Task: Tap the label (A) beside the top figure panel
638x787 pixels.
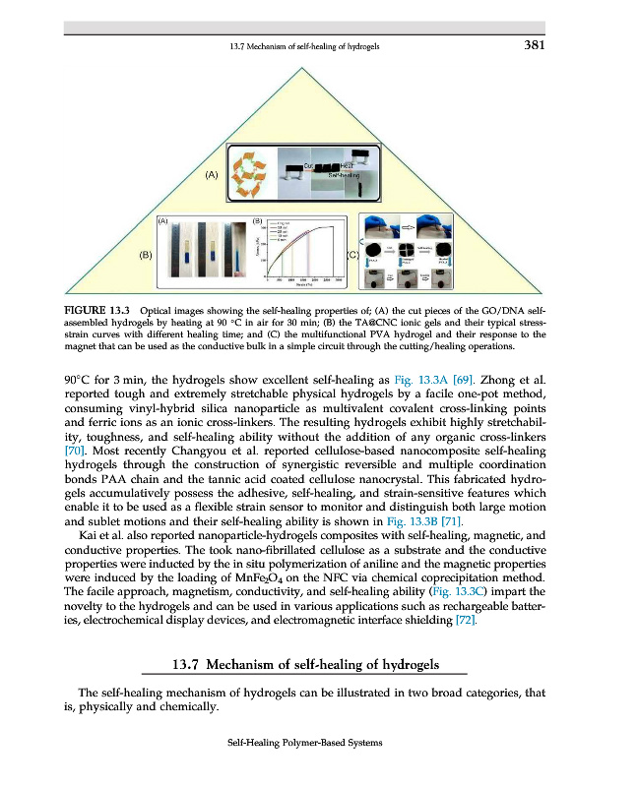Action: (212, 174)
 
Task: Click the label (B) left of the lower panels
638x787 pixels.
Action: (146, 255)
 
